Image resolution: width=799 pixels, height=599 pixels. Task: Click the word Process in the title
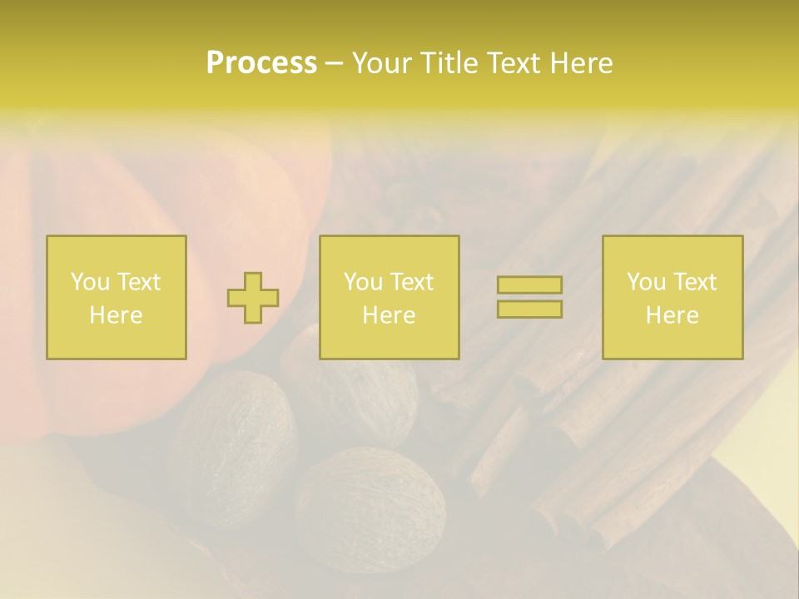click(261, 63)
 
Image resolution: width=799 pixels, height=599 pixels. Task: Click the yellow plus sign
click(253, 298)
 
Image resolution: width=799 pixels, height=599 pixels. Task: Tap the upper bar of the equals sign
click(529, 285)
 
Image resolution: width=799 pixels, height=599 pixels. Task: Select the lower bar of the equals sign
click(529, 309)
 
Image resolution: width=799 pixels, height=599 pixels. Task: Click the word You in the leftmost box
click(90, 282)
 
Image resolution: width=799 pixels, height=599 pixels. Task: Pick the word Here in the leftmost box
click(116, 315)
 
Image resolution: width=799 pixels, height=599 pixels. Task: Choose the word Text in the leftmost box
click(137, 282)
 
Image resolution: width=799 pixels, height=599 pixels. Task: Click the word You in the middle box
click(363, 282)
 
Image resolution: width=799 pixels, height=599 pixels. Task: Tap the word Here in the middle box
click(389, 315)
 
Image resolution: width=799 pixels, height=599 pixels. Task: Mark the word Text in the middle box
click(410, 282)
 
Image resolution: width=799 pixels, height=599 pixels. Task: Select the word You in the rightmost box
click(646, 282)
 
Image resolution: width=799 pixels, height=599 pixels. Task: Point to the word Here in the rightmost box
click(672, 315)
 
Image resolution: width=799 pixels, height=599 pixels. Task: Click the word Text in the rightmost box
click(693, 282)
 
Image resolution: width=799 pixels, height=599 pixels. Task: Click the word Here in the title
click(580, 63)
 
